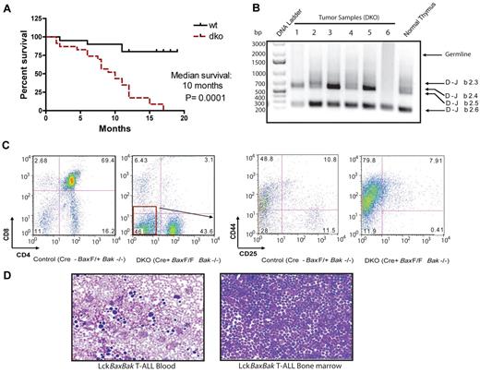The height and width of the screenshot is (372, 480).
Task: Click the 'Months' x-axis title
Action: tap(106, 129)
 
